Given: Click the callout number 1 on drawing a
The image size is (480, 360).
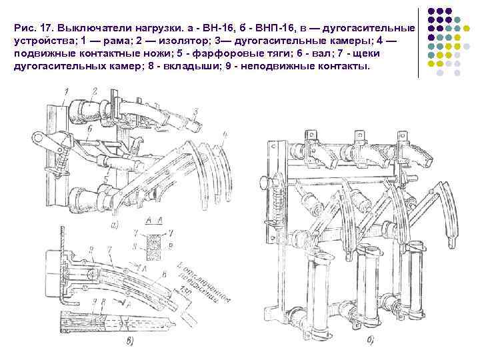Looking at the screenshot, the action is coord(67,91).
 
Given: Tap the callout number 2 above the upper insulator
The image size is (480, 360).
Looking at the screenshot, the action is coord(95,90).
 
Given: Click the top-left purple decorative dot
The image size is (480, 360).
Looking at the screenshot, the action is coord(432,11).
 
